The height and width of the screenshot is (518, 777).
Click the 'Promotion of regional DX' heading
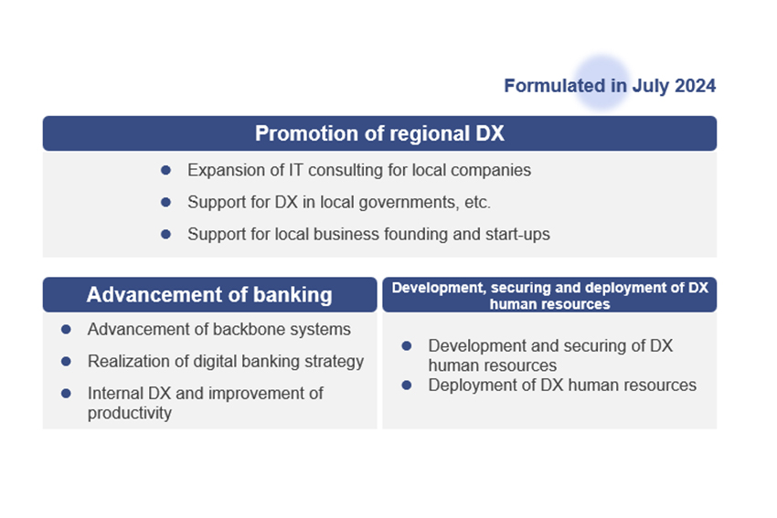coord(379,133)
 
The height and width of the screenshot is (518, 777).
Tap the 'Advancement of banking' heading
coord(209,295)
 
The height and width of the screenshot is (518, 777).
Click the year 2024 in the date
coord(696,86)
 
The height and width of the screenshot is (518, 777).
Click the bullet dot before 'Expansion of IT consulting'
coord(165,170)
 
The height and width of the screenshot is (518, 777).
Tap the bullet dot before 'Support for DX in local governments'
coord(165,202)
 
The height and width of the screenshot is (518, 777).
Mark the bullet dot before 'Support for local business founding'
coord(165,234)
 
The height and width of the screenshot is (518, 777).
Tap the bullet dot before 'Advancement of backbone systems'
coord(66,329)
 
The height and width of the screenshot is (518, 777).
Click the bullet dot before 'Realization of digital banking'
coord(66,361)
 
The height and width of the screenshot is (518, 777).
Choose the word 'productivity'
coord(130,413)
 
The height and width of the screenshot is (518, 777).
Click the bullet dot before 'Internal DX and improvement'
coord(66,393)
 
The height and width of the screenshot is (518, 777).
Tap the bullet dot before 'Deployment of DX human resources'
coord(407,385)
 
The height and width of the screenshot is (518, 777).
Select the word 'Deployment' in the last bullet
coord(466,385)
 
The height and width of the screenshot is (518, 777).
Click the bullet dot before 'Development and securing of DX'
coord(407,346)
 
